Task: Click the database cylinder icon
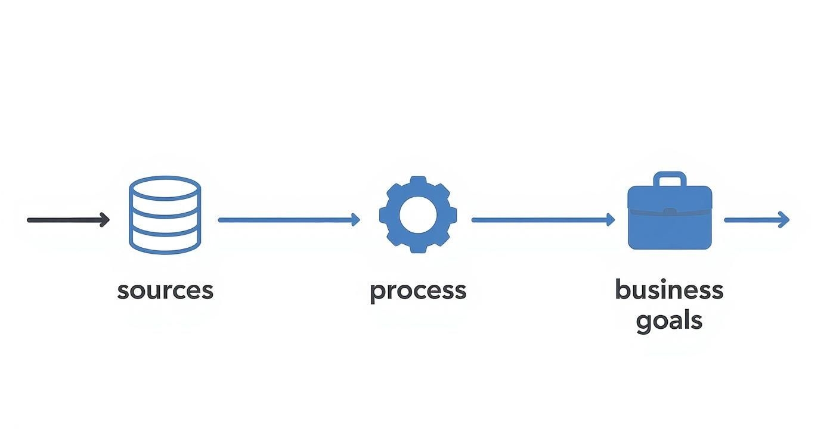165,215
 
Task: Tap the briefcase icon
670,217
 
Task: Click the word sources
165,291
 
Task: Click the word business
669,290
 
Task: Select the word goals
669,321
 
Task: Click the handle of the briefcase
670,178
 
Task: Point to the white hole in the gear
418,215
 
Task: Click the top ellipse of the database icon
165,187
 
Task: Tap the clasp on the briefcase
670,211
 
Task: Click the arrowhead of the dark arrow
105,220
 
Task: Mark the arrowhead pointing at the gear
356,220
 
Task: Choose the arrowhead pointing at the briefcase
611,220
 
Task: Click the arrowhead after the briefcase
785,220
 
